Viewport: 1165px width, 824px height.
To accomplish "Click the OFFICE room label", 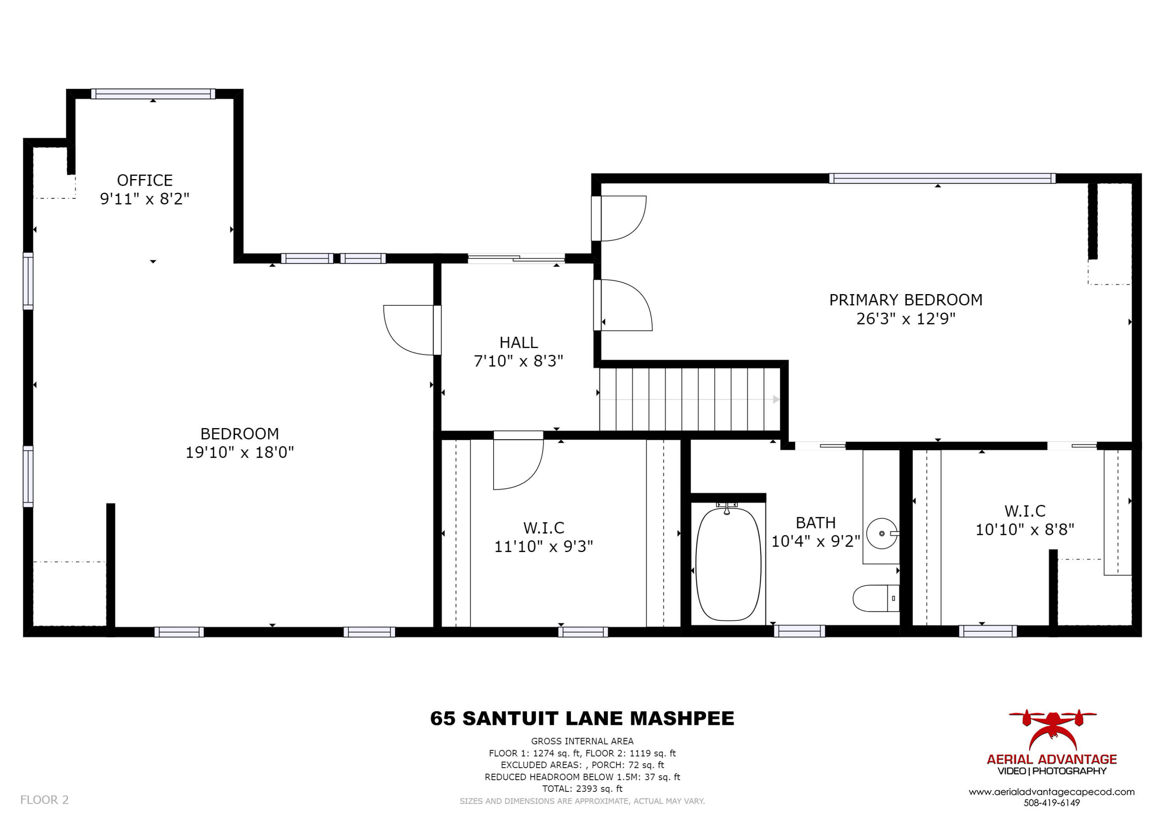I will tap(144, 180).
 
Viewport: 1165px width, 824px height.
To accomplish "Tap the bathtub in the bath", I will tap(728, 564).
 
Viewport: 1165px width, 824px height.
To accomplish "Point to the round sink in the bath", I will tap(882, 533).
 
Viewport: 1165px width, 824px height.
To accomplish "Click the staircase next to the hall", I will tap(690, 399).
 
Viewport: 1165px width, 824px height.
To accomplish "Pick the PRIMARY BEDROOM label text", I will tap(906, 300).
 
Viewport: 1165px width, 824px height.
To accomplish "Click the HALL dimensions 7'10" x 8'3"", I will tap(518, 361).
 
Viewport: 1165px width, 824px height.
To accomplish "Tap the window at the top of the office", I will tap(153, 94).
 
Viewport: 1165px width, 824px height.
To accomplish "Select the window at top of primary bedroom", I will tap(942, 178).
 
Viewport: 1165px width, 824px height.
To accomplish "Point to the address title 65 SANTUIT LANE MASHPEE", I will tap(582, 718).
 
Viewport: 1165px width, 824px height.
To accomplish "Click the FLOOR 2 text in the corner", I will tap(44, 800).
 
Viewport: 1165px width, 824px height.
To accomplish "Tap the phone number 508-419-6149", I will tap(1051, 803).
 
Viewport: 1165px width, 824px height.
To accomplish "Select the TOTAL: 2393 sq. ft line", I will tap(582, 789).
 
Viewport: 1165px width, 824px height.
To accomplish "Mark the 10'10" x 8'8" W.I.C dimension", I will tap(1025, 530).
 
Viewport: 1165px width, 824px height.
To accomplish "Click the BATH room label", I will tap(815, 523).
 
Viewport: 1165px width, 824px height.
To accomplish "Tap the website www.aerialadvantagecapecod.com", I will tap(1051, 792).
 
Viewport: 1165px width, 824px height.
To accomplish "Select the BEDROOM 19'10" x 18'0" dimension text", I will tap(240, 452).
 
